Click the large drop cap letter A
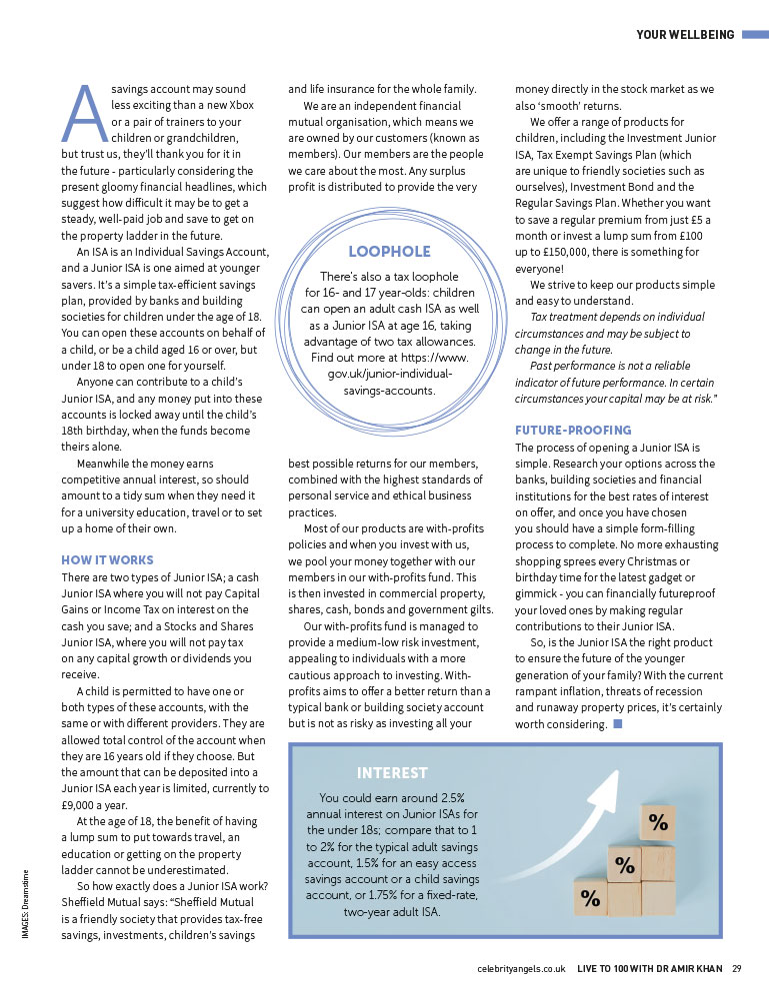[x=84, y=111]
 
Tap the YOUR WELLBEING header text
[x=686, y=36]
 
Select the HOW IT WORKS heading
[x=108, y=559]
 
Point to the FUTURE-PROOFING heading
[x=573, y=430]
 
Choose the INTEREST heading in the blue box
[x=392, y=772]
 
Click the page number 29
[x=736, y=968]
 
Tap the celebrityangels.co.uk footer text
[x=522, y=968]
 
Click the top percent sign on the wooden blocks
[x=658, y=823]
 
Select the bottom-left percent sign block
[x=591, y=898]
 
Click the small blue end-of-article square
[x=617, y=724]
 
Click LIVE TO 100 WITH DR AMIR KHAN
[x=650, y=968]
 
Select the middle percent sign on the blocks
[x=625, y=865]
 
